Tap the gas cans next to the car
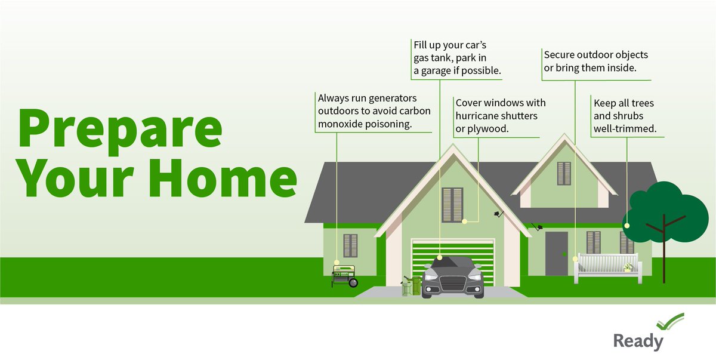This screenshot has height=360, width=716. pos(411,285)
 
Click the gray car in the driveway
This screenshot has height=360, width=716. pos(452,277)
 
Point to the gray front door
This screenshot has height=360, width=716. pos(556,253)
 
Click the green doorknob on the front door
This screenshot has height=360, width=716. pos(563,255)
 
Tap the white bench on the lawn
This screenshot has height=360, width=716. pos(606,267)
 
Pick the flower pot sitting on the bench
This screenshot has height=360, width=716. pos(628,267)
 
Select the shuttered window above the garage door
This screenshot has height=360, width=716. pos(452,204)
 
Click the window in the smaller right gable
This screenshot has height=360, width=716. pos(564,173)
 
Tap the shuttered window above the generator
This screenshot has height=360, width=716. pos(350,245)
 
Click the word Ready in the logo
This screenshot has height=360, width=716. pos(638,341)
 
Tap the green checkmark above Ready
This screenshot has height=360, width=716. pos(670,323)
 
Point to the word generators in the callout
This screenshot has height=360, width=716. pos(391,98)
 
